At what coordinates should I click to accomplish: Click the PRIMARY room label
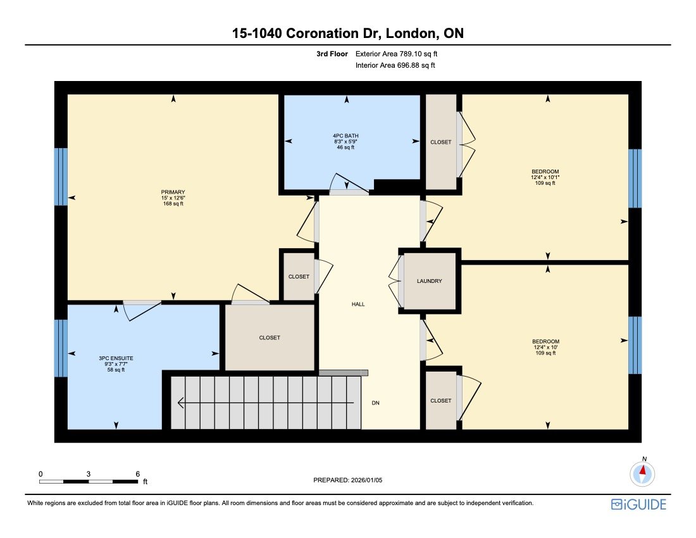[173, 192]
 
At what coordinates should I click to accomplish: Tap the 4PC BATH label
[347, 135]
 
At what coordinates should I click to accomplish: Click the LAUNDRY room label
[429, 281]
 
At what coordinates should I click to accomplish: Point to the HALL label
[358, 304]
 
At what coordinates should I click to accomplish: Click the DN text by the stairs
[376, 403]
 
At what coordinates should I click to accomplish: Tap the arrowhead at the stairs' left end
[181, 403]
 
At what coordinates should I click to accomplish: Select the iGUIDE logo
[638, 504]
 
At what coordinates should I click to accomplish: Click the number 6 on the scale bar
[137, 473]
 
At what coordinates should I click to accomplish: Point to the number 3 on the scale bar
[89, 473]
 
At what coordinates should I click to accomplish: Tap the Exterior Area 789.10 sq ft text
[396, 54]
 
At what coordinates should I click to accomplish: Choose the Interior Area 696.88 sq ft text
[395, 65]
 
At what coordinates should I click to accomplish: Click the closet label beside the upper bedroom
[441, 142]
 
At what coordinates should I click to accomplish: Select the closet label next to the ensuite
[270, 338]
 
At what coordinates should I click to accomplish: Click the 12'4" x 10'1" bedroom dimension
[545, 177]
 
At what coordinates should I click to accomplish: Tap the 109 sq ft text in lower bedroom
[545, 353]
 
